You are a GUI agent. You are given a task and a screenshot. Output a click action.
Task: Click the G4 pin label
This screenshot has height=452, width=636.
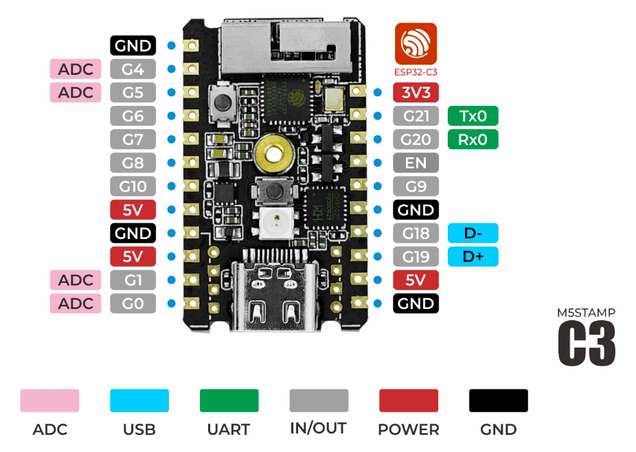click(x=133, y=69)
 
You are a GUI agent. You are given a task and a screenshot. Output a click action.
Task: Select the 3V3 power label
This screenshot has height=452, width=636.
click(x=416, y=93)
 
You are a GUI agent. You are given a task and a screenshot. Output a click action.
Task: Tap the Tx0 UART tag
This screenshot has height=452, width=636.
click(x=473, y=116)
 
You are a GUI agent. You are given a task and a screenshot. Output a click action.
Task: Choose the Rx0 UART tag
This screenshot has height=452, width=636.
click(x=473, y=139)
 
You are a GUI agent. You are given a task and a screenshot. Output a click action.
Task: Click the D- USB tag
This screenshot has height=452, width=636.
click(x=473, y=233)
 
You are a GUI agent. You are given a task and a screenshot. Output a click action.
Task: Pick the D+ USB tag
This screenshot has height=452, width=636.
click(x=473, y=256)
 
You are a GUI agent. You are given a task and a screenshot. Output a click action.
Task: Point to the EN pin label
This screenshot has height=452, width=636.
click(x=416, y=163)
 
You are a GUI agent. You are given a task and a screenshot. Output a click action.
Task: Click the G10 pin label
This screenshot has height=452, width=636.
click(x=133, y=186)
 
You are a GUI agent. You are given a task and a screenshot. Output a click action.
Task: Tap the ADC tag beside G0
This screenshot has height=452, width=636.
click(x=76, y=303)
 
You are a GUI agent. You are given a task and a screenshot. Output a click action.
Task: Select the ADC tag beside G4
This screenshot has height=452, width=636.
click(x=76, y=69)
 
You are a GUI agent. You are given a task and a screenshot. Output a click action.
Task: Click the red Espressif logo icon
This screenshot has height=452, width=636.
click(x=416, y=43)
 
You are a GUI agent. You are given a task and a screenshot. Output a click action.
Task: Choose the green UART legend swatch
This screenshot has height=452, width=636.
click(x=229, y=400)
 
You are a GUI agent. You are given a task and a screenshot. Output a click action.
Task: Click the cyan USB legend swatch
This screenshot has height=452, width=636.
click(x=139, y=400)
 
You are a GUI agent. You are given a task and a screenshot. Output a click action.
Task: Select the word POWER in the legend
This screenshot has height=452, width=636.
click(x=408, y=430)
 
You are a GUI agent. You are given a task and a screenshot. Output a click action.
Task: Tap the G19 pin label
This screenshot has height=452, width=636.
click(x=416, y=256)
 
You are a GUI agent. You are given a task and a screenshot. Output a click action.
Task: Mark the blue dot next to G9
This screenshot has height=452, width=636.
click(x=378, y=186)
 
